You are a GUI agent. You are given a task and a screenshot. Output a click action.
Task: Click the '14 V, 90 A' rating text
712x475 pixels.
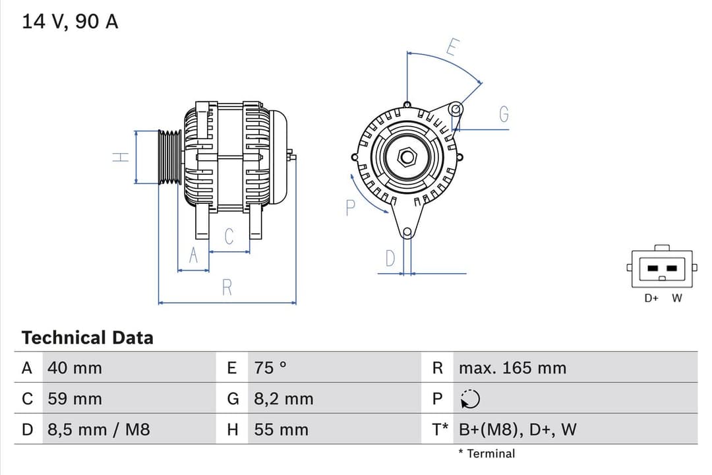[70, 21]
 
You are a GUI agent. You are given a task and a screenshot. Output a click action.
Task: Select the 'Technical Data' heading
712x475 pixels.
[87, 338]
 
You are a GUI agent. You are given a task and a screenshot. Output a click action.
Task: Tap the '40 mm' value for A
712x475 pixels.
[74, 368]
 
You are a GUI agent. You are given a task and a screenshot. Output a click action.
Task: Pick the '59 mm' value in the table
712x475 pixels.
[74, 399]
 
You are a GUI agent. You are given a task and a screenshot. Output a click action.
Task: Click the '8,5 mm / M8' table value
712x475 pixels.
[98, 430]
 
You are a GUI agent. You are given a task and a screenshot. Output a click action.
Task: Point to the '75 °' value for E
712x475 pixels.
[270, 368]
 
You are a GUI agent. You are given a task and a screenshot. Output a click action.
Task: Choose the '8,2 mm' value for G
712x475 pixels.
[283, 399]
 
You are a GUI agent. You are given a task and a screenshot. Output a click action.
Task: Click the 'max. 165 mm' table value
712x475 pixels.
[512, 368]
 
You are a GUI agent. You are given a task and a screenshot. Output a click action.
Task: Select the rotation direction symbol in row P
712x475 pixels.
[470, 399]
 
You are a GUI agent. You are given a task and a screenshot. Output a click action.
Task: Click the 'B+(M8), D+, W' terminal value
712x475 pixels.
[517, 430]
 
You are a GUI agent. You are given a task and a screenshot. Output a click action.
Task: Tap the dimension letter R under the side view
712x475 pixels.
[227, 288]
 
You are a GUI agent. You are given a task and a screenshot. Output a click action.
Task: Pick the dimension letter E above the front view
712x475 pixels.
[452, 47]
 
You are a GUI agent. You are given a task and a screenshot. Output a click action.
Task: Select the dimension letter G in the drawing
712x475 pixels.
[504, 115]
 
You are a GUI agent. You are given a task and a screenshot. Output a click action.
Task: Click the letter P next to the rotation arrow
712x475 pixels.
[350, 208]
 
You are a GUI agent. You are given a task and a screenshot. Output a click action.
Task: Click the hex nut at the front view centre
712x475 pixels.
[407, 156]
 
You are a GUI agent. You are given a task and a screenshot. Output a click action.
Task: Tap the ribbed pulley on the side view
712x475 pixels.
[169, 157]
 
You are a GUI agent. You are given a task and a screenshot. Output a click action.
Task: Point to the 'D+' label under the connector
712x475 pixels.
[651, 298]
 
